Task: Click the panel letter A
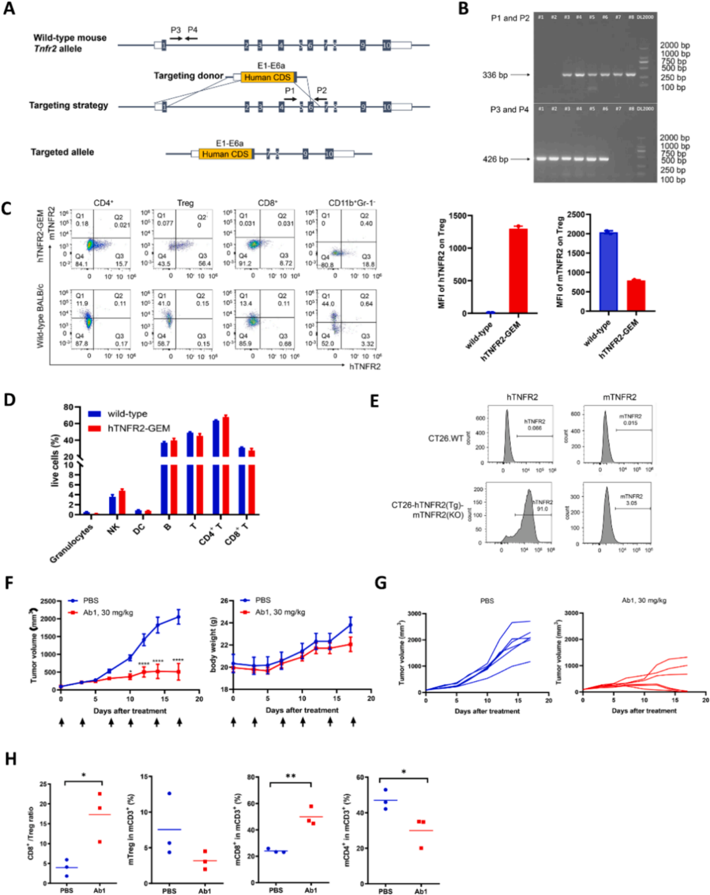[x=9, y=9]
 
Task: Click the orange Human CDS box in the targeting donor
[x=267, y=78]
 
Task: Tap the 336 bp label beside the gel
[x=494, y=75]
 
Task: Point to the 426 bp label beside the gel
[x=495, y=159]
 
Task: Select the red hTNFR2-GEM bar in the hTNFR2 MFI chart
[x=518, y=270]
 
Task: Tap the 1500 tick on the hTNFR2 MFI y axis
[x=458, y=216]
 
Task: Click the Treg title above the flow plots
[x=185, y=203]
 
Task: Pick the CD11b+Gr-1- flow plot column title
[x=352, y=203]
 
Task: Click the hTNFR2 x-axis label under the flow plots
[x=365, y=366]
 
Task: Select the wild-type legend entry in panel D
[x=127, y=414]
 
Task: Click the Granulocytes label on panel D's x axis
[x=71, y=543]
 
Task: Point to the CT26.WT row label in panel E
[x=446, y=438]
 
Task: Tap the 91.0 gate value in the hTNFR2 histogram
[x=542, y=508]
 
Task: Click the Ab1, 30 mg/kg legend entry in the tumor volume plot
[x=108, y=613]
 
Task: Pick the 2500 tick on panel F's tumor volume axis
[x=47, y=601]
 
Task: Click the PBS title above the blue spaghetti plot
[x=486, y=600]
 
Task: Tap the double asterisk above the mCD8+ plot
[x=290, y=777]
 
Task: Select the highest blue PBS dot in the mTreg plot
[x=169, y=793]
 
